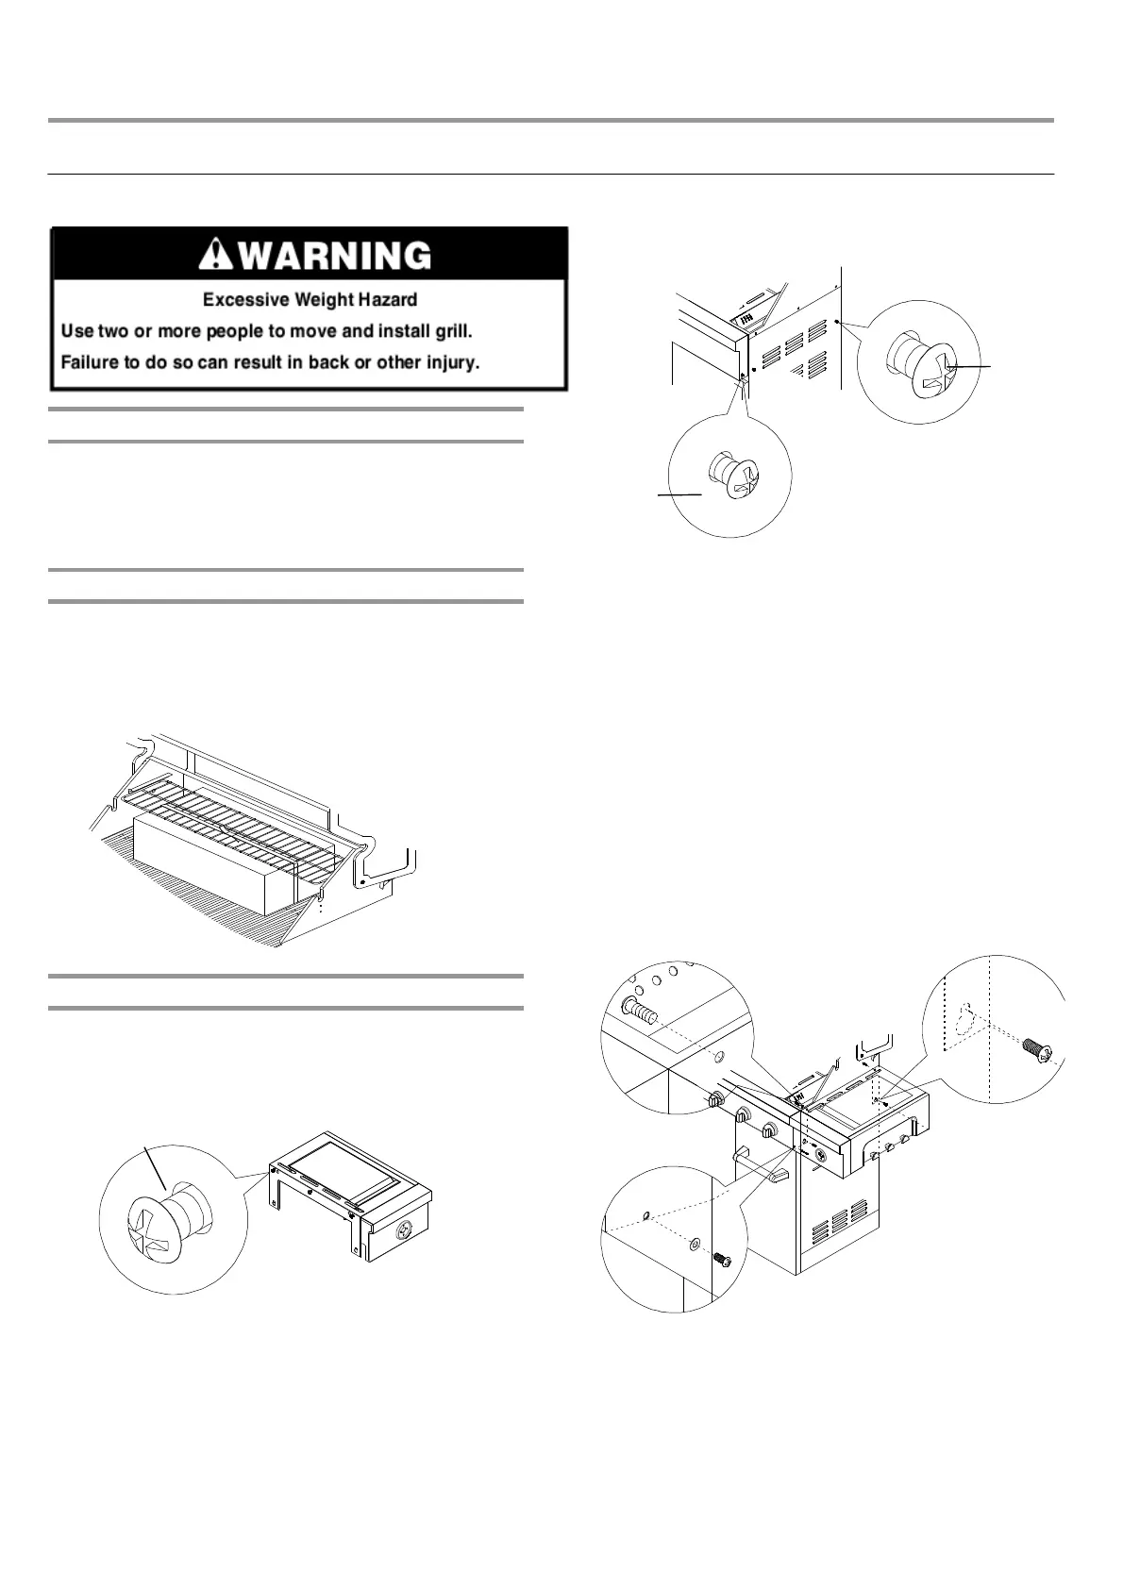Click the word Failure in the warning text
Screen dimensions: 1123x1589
[x=89, y=362]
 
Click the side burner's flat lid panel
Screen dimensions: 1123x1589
[x=340, y=1167]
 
